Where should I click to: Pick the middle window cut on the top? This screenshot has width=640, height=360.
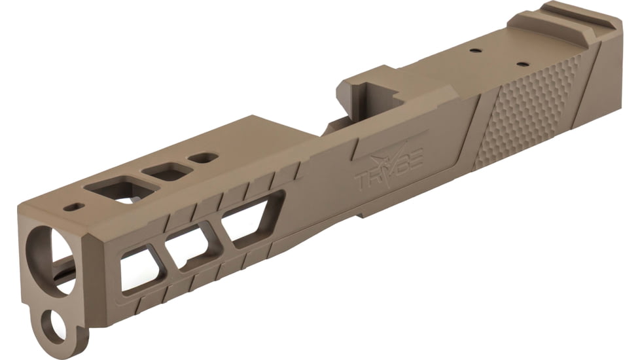166,172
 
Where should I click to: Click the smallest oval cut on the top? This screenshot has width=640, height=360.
202,158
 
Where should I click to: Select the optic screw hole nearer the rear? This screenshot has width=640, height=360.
522,64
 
